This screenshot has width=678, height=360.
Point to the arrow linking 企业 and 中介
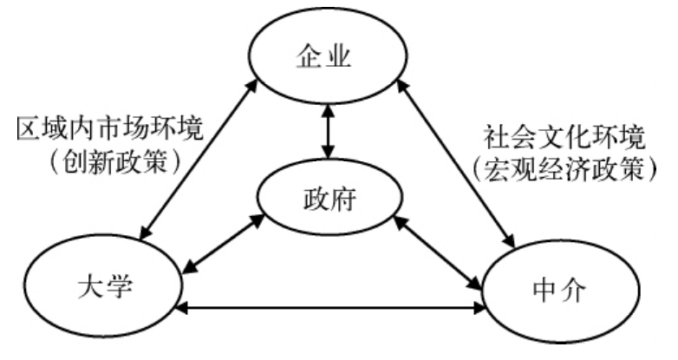tap(451, 160)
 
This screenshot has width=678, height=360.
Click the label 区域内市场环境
tap(110, 129)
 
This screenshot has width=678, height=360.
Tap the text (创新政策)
tap(112, 161)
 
